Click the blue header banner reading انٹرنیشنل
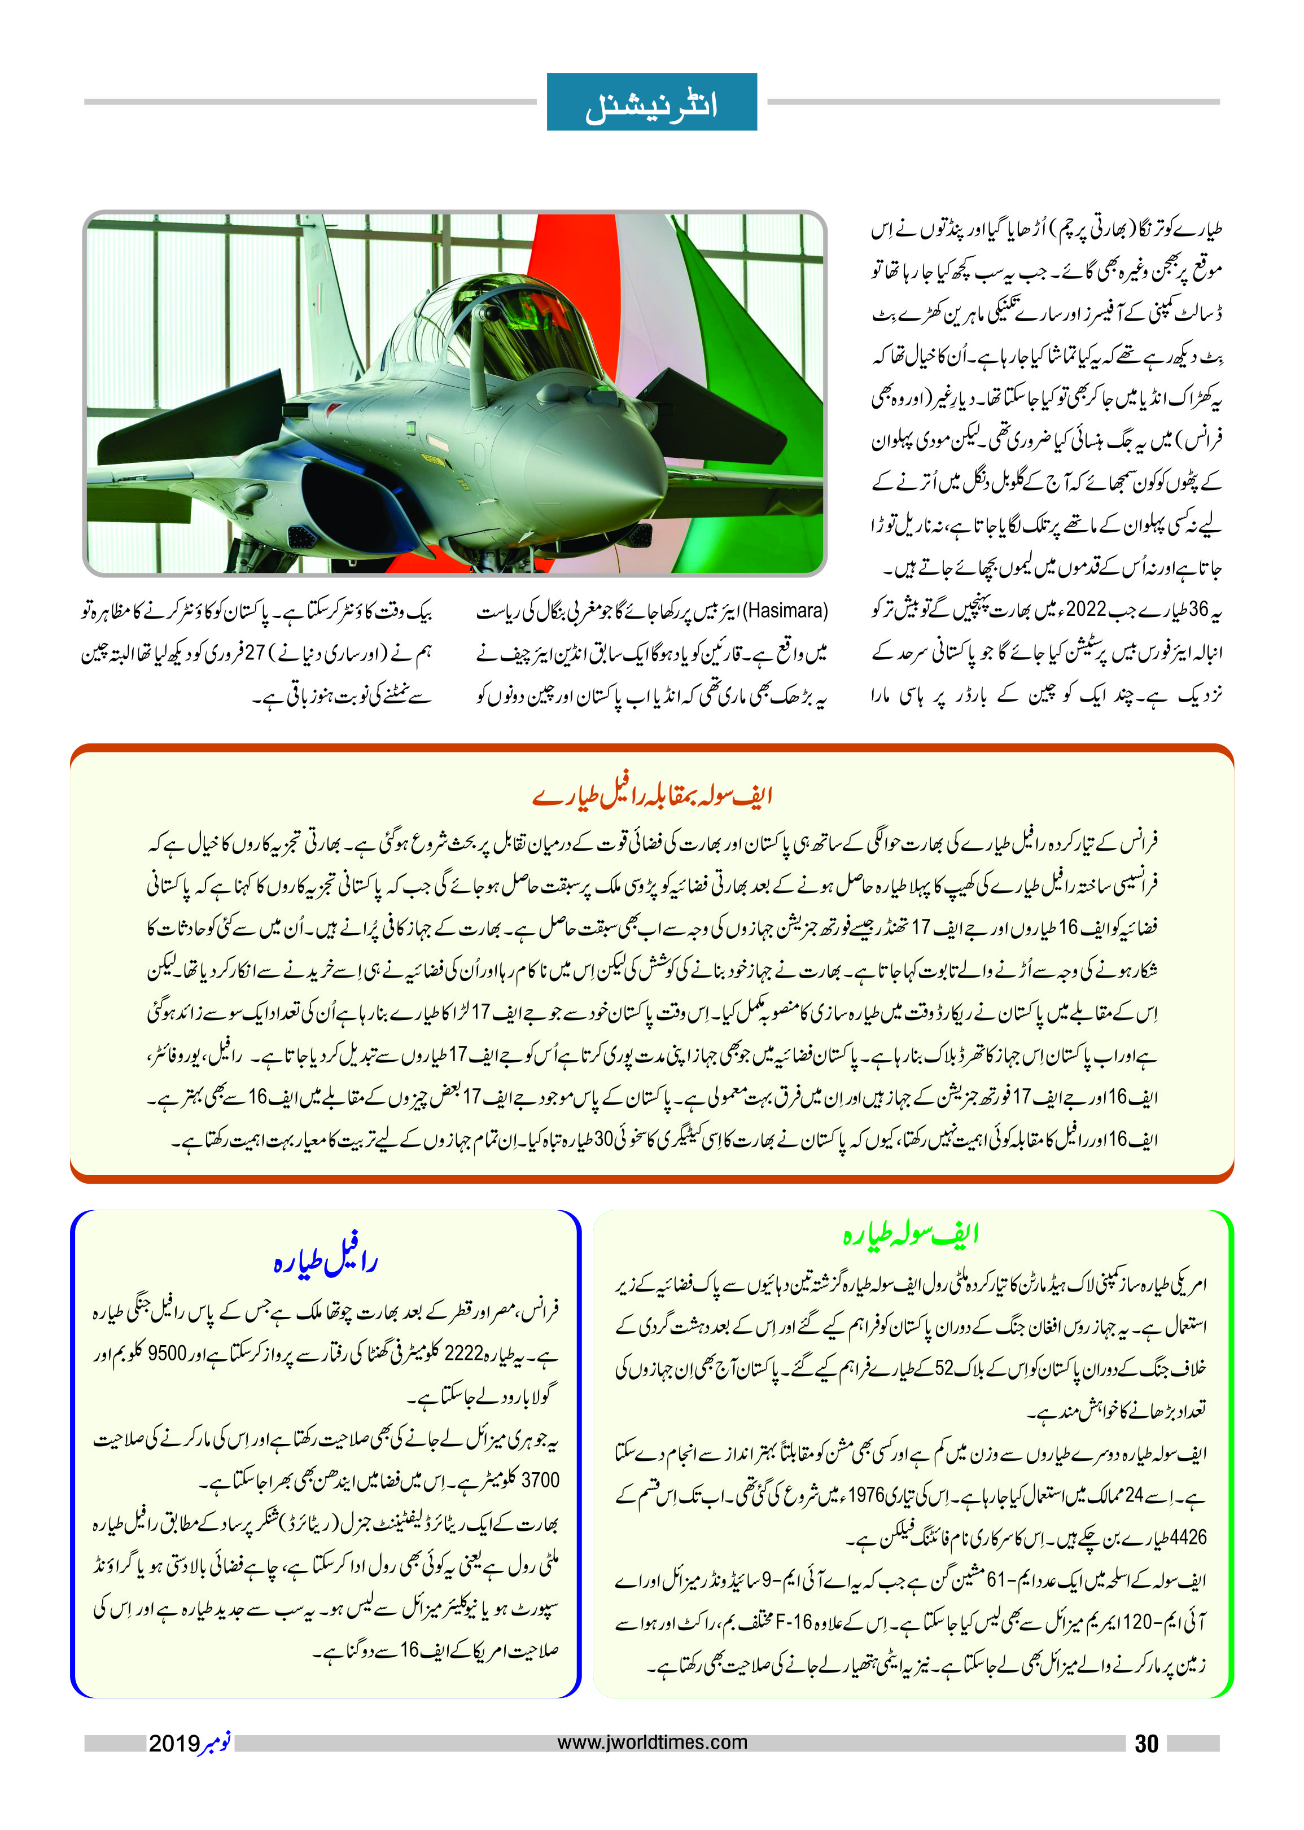point(651,102)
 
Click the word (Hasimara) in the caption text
point(785,611)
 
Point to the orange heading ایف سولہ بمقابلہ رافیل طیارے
point(651,796)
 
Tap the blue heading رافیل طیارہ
point(325,1262)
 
